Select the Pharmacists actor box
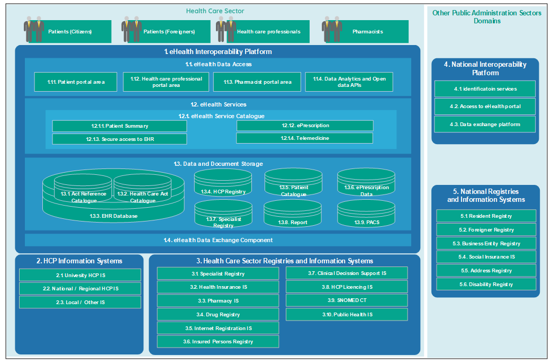(367, 32)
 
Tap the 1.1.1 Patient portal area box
(76, 82)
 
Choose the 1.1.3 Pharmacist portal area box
(257, 82)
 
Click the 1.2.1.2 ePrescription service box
(305, 126)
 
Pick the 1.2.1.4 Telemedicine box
(304, 138)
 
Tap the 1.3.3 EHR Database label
(113, 216)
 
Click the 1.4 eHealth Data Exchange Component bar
(218, 240)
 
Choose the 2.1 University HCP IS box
(80, 275)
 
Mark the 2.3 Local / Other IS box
(80, 302)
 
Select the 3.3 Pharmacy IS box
(218, 300)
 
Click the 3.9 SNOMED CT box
(347, 300)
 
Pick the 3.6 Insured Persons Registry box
(218, 342)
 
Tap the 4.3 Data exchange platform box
(485, 125)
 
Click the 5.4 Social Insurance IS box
(486, 257)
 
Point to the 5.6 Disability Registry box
(486, 285)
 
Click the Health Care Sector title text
(215, 11)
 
